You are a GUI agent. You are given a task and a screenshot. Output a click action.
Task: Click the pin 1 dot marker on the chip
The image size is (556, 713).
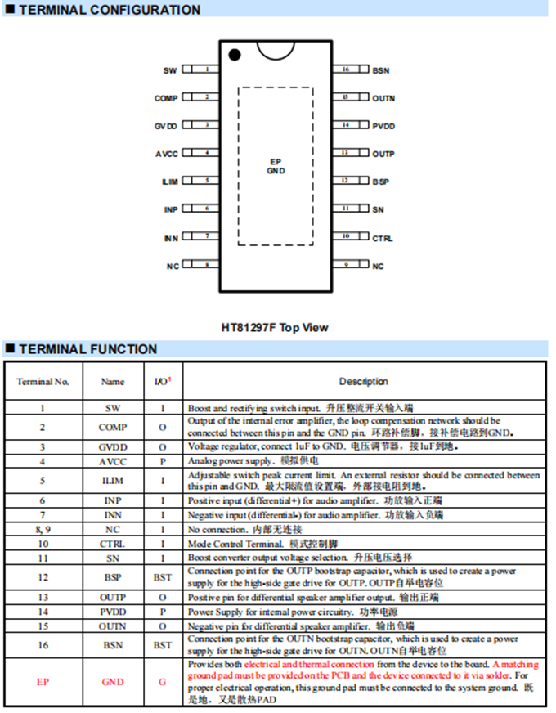pos(235,55)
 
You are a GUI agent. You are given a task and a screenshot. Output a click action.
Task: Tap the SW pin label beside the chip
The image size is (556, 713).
pos(170,71)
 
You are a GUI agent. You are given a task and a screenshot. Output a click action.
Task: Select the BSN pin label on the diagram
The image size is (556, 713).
pos(381,71)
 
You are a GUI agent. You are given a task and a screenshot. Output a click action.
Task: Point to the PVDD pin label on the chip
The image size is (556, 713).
pos(383,126)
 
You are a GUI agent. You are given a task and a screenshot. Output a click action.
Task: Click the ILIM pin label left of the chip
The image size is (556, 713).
pos(169,182)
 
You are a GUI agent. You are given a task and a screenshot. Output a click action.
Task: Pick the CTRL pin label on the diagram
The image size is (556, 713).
pos(383,238)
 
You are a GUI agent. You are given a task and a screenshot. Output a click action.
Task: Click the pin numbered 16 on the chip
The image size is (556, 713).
pos(346,70)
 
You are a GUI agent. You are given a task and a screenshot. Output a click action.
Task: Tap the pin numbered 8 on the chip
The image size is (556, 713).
pos(206,266)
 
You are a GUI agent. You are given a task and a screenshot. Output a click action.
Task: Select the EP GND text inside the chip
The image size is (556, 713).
pos(275,166)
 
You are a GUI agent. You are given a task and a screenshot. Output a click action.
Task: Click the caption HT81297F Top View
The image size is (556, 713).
pos(275,328)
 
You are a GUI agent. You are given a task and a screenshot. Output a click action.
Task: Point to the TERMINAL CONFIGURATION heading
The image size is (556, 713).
pos(109,11)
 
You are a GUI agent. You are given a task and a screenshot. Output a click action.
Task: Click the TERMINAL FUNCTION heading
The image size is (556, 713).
pos(87,349)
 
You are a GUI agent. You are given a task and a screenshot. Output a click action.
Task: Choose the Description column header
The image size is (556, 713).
pos(364,381)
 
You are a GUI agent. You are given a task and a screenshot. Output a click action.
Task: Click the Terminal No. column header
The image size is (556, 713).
pos(43,381)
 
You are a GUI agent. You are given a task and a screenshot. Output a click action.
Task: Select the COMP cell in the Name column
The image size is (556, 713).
pos(113,427)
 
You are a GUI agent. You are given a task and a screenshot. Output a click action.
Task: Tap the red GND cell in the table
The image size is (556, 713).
pos(113,682)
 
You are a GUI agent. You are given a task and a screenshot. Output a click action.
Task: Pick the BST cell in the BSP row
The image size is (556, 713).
pos(163,577)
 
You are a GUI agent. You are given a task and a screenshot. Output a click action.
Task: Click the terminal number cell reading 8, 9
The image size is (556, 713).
pos(43,529)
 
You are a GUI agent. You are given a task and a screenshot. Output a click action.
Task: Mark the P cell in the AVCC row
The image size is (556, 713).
pos(163,461)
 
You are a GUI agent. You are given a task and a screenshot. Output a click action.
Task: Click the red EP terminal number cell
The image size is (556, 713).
pos(43,682)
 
